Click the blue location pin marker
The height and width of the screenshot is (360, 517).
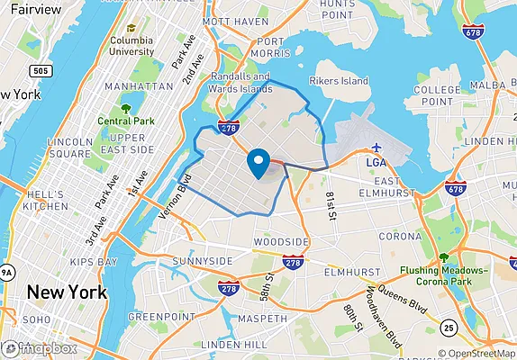coord(258,164)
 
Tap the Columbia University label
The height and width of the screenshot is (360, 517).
coord(132,46)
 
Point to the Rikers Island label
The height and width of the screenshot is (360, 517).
coord(340,81)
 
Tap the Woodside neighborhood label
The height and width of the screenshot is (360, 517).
coord(281,242)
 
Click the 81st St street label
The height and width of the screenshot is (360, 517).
coord(331,202)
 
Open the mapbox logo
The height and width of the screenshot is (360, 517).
coord(40,347)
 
